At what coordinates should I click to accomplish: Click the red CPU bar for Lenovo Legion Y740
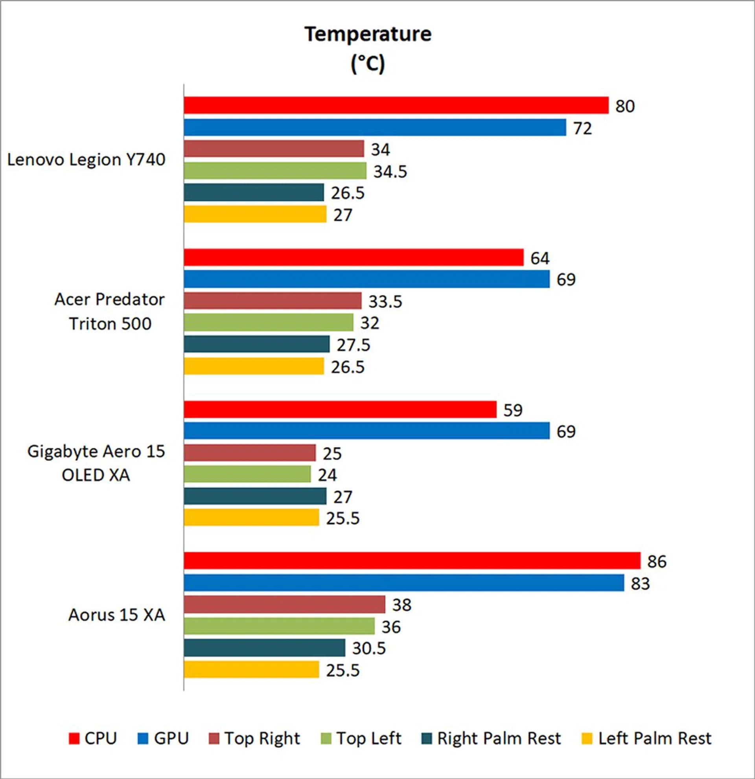(x=396, y=105)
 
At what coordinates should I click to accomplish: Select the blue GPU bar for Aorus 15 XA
(x=403, y=582)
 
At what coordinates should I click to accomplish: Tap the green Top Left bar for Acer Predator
(x=268, y=322)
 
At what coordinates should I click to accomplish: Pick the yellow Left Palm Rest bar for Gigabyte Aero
(x=251, y=518)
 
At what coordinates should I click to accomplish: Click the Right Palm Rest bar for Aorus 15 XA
(x=264, y=648)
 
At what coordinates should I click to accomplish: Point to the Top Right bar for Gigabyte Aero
(x=250, y=453)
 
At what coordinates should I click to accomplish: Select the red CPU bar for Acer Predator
(x=354, y=257)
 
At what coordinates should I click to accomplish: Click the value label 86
(x=657, y=562)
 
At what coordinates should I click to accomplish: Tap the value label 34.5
(x=390, y=171)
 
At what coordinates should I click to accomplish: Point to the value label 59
(x=512, y=410)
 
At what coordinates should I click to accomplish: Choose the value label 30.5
(x=368, y=648)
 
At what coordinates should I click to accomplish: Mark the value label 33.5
(x=385, y=301)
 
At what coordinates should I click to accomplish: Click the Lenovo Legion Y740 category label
(x=86, y=160)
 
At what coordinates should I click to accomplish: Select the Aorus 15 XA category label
(x=116, y=615)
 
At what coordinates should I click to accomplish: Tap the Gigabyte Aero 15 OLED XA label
(x=96, y=463)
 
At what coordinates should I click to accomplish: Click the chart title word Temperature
(x=368, y=34)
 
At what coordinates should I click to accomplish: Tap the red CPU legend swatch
(x=74, y=739)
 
